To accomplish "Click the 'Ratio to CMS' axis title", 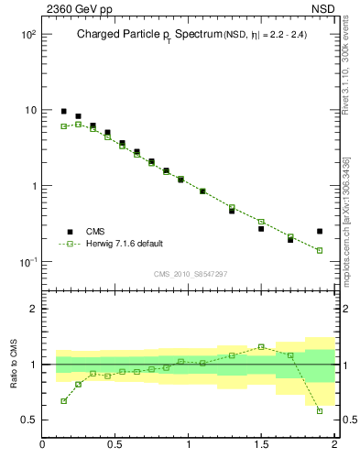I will click(16, 364).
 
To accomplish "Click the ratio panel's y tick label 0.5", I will click(28, 420).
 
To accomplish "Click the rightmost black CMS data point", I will click(320, 231).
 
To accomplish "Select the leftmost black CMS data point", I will click(63, 111).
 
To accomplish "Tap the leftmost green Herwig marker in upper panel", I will click(63, 126).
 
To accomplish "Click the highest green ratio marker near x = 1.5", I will click(261, 346).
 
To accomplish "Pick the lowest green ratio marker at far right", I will click(320, 410).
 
